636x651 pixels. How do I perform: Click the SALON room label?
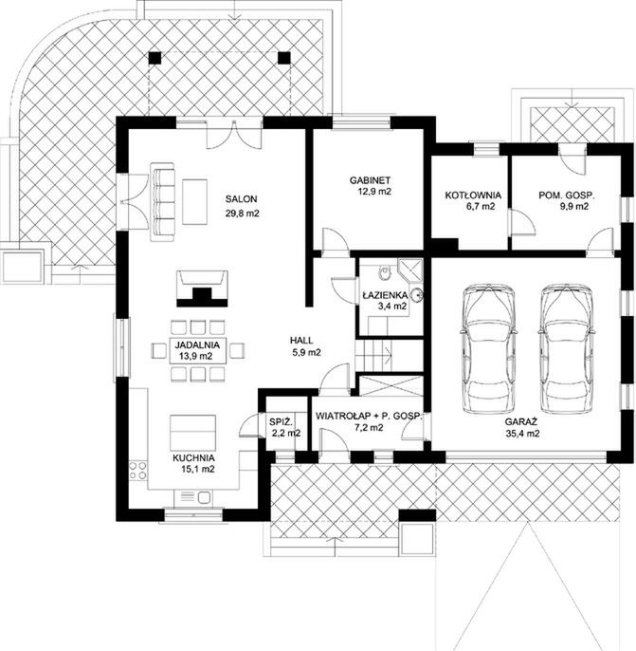coord(241,199)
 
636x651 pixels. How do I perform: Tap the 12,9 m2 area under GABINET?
coord(374,192)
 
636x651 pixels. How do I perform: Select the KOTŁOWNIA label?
coord(473,195)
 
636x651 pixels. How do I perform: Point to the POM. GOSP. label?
coord(567,195)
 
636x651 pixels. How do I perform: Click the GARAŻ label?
coord(520,421)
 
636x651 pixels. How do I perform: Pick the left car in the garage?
coord(489,349)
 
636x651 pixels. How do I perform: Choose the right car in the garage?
coord(567,349)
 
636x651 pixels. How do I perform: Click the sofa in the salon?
coord(162,201)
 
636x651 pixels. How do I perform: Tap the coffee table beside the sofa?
coord(194,202)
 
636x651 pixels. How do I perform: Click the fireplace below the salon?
coord(202,288)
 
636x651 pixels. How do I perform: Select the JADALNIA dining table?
coord(198,350)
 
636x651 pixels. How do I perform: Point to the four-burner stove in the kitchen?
coord(138,471)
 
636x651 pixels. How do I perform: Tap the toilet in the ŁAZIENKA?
coord(386,272)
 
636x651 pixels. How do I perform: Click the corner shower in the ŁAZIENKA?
coord(410,270)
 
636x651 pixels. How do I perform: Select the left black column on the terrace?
coord(154,58)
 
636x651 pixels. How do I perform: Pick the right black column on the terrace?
coord(284,58)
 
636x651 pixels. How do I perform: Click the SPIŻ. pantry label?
coord(282,421)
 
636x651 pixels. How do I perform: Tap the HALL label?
coord(301,341)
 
